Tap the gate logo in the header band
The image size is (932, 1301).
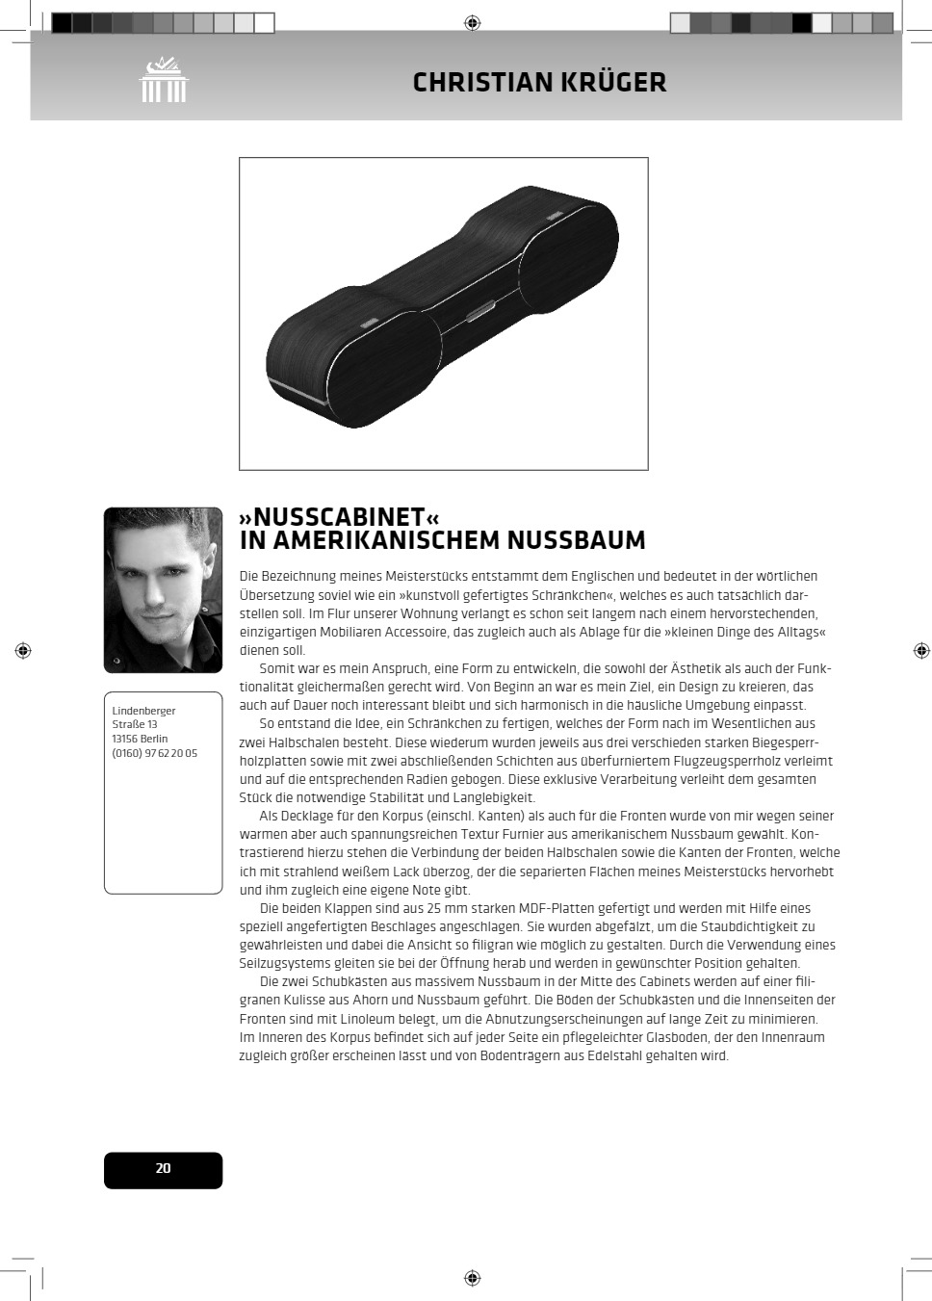[163, 80]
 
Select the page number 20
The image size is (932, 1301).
[163, 1169]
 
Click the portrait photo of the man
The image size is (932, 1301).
[163, 589]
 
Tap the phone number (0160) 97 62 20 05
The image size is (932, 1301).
[154, 753]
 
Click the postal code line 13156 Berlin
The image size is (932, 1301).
[140, 739]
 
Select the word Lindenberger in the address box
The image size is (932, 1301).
[143, 711]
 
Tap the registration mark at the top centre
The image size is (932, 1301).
[472, 22]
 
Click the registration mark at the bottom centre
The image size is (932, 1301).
[472, 1278]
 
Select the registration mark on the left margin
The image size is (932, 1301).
[23, 651]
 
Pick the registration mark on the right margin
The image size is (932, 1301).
[921, 651]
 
